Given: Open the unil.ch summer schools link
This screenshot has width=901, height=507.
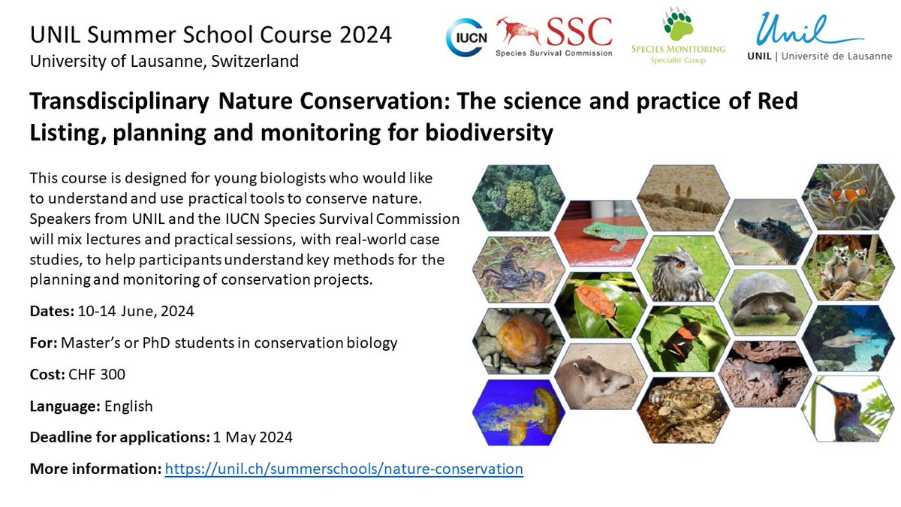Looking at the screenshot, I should (x=344, y=469).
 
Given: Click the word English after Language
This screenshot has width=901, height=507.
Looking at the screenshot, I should (x=128, y=406).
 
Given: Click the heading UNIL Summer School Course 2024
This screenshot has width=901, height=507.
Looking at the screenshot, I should (x=211, y=35).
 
